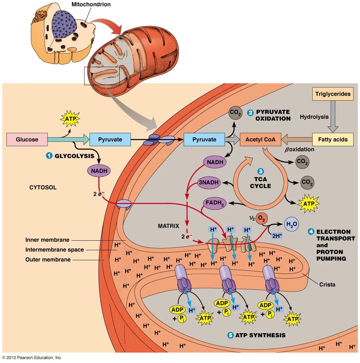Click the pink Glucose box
coord(27,139)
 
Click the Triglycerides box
coord(333,94)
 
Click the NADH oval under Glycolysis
coord(99,171)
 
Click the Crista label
coord(327,284)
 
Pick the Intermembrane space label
coord(54,250)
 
